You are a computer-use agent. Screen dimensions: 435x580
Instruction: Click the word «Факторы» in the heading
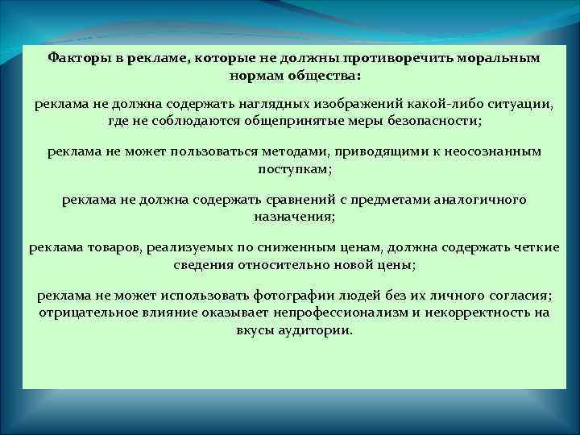coord(75,58)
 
